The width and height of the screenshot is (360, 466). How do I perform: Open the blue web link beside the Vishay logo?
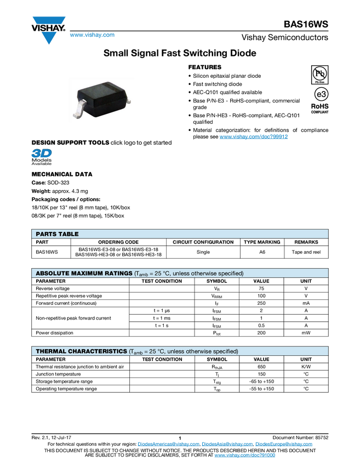pos(92,36)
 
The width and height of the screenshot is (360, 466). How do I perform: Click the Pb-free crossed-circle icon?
pos(320,73)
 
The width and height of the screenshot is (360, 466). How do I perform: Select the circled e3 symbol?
pos(320,94)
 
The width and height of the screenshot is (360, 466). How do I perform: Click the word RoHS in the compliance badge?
pos(320,106)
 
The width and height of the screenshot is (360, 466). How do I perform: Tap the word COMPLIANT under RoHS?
pos(320,112)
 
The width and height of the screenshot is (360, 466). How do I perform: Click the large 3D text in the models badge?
pos(42,152)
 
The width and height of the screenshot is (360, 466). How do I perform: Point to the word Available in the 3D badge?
pos(42,163)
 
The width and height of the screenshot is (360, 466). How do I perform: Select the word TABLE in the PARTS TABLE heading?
pos(70,234)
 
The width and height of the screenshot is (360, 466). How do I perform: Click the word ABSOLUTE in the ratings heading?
pos(54,273)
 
